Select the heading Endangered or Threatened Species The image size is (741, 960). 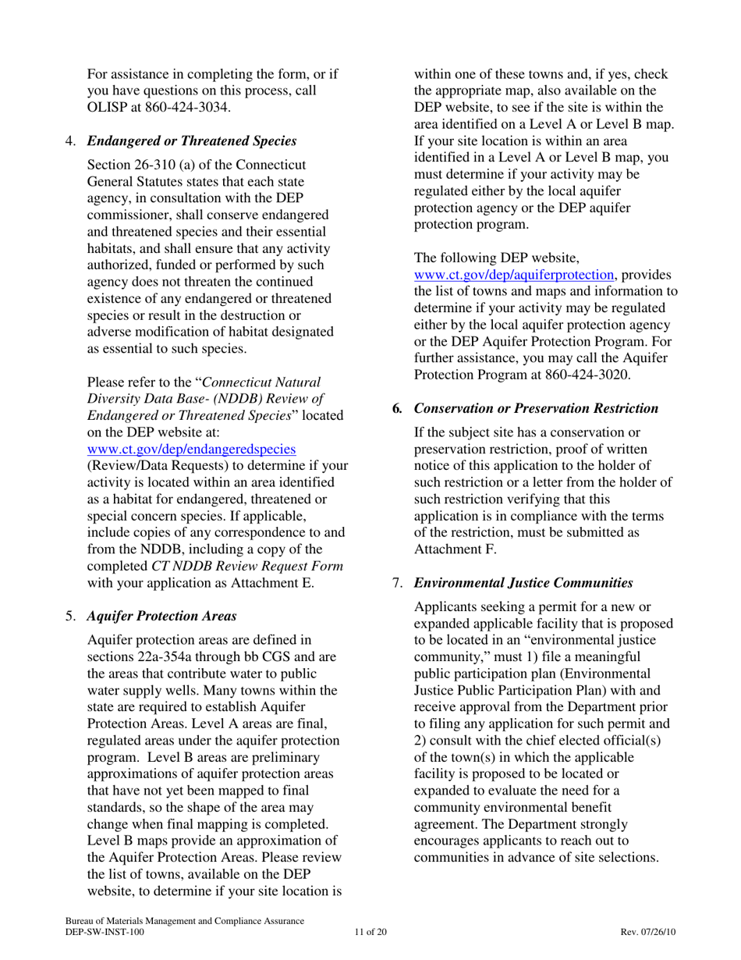point(191,141)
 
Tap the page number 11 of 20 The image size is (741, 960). point(370,932)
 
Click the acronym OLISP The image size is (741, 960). point(112,108)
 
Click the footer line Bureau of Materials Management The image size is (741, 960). point(184,921)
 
